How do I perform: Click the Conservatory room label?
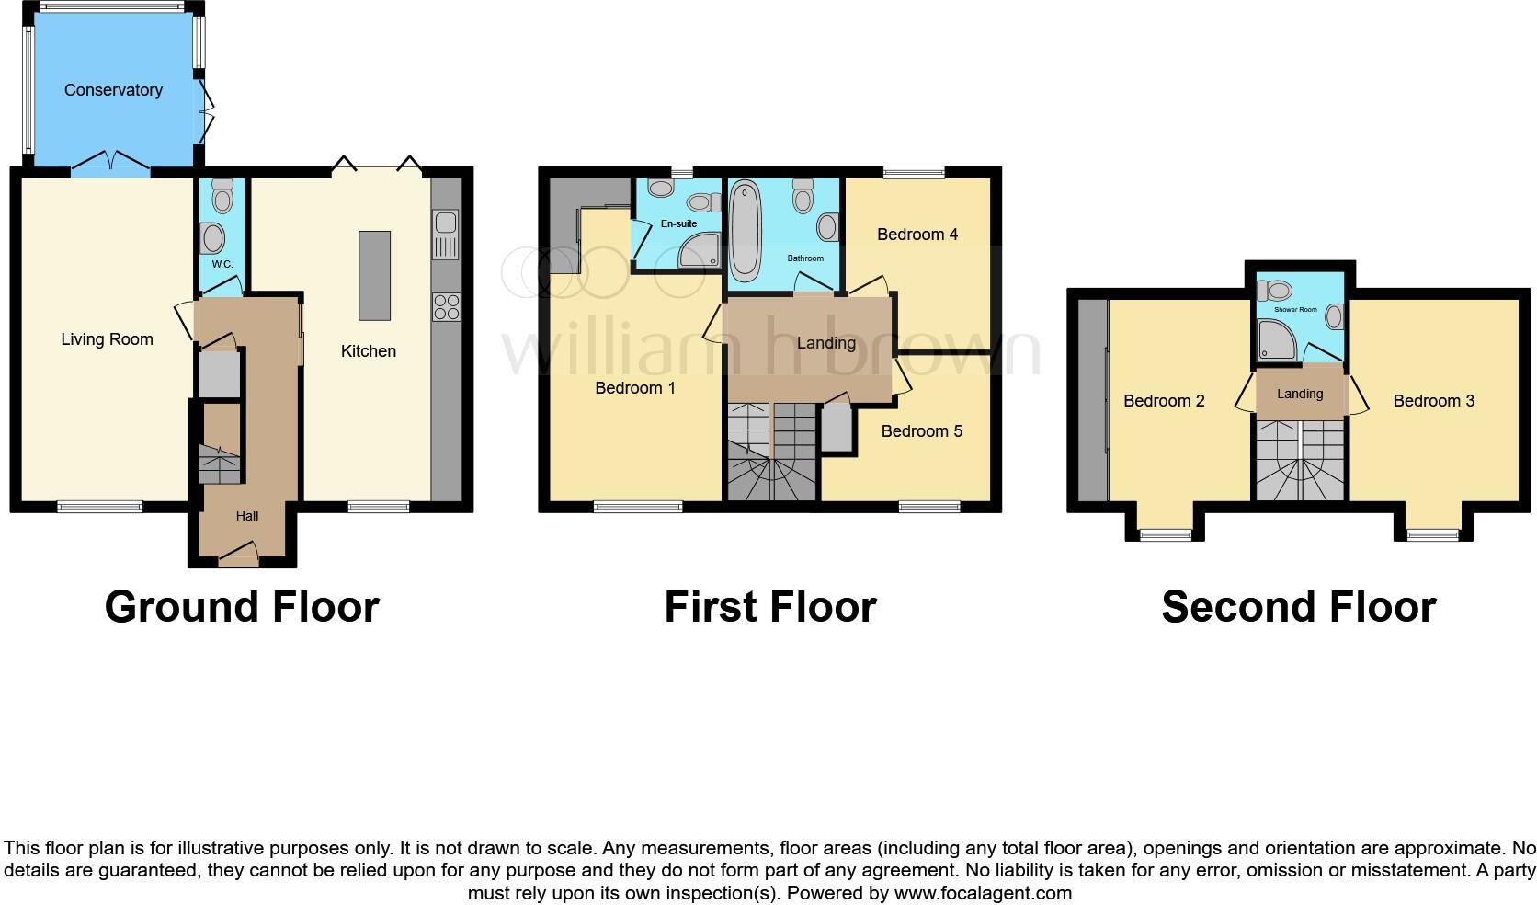click(113, 90)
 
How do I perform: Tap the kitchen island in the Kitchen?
click(374, 275)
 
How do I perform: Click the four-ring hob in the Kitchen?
click(446, 306)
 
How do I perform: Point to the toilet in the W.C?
click(222, 197)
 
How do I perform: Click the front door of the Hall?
click(237, 555)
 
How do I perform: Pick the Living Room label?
click(107, 339)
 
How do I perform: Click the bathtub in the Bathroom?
click(745, 233)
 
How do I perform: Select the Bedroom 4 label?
click(917, 235)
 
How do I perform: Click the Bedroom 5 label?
click(921, 431)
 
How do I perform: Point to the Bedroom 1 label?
click(634, 388)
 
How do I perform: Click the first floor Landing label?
click(825, 343)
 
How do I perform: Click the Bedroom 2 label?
click(1163, 401)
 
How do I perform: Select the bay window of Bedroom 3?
click(1432, 533)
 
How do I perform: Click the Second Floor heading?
click(1298, 607)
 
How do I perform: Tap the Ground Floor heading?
click(242, 607)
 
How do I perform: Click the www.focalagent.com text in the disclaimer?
click(982, 892)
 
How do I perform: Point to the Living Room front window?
click(100, 506)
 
